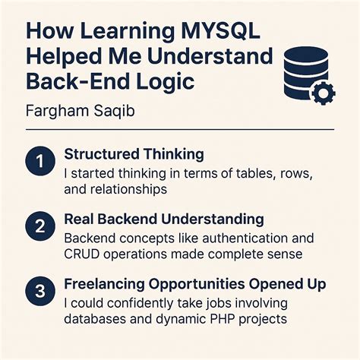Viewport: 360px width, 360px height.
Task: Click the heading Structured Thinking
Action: click(134, 154)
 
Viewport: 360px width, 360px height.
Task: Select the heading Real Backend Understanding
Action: click(164, 219)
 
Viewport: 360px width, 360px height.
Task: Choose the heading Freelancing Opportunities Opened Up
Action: click(195, 285)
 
